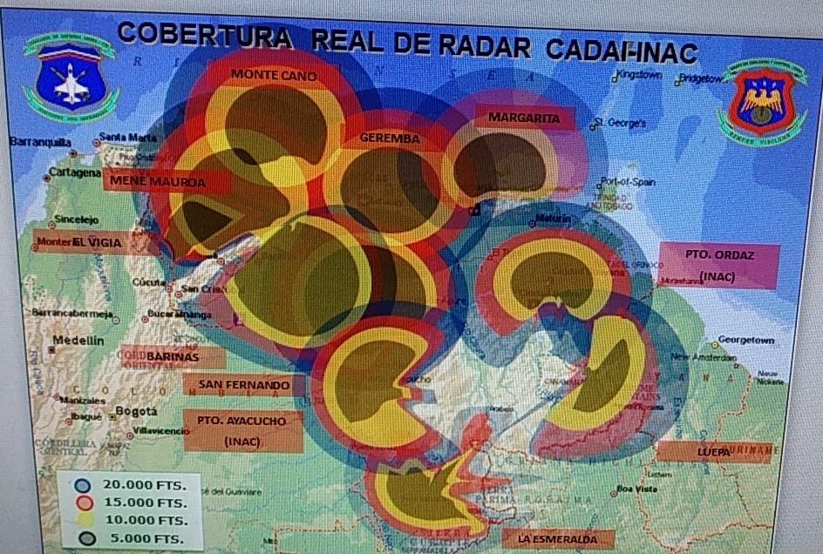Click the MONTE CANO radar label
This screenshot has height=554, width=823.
click(274, 75)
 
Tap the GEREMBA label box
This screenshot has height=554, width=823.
click(390, 138)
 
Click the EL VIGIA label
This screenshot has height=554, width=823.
click(96, 241)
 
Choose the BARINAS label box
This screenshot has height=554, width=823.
click(173, 357)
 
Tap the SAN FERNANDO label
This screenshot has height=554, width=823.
click(244, 385)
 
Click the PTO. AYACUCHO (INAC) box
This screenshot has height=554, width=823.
click(243, 430)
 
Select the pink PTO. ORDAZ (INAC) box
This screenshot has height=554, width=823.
click(718, 266)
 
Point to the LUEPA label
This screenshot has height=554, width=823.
click(712, 452)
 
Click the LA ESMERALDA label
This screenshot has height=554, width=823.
click(559, 540)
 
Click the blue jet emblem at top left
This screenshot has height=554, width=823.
click(69, 78)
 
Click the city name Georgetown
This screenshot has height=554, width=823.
click(745, 340)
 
